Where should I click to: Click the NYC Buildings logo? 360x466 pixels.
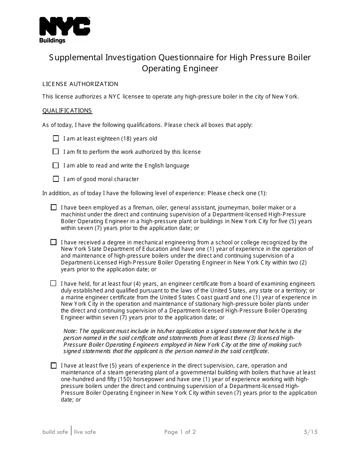(x=64, y=30)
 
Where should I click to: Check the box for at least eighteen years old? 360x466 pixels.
(x=56, y=139)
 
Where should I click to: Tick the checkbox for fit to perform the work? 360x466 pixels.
(x=56, y=152)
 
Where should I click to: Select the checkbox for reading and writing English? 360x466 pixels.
(x=56, y=166)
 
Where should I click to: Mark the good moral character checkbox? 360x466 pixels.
(x=56, y=179)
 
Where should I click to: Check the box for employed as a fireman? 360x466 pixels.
(x=53, y=208)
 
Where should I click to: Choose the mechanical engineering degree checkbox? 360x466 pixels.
(x=53, y=242)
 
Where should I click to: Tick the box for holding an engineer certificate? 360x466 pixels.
(x=53, y=283)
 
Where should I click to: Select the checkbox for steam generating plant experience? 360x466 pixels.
(x=53, y=366)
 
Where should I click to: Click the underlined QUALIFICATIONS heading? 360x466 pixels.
(x=67, y=111)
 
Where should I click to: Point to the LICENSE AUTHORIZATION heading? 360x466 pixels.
(x=80, y=84)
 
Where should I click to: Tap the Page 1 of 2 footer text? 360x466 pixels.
(x=180, y=432)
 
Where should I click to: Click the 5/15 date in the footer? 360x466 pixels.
(x=310, y=432)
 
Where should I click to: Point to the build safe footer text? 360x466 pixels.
(x=55, y=432)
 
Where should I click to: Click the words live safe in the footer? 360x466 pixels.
(x=85, y=432)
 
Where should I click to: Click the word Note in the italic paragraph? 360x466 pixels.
(x=70, y=331)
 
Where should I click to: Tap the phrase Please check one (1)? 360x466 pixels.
(x=237, y=193)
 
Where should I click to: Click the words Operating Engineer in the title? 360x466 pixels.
(x=180, y=69)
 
